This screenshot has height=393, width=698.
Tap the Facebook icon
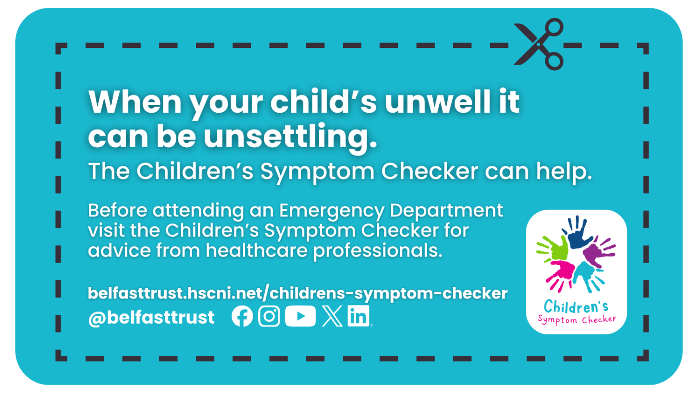[x=242, y=317]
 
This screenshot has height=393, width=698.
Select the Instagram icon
[x=269, y=317]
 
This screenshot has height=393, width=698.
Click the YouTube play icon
[x=300, y=317]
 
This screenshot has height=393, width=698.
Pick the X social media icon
[x=332, y=317]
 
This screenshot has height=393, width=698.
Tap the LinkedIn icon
[x=358, y=317]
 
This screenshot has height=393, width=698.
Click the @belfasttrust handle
[x=151, y=318]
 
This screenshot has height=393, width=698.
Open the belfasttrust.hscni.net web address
[x=297, y=293]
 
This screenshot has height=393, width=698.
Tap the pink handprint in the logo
[x=561, y=273]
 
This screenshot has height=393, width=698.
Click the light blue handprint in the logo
[x=587, y=275]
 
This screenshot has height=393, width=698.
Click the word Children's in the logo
[x=576, y=307]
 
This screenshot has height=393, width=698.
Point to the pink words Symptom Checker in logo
[x=577, y=320]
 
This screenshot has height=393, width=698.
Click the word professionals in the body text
[x=377, y=251]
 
